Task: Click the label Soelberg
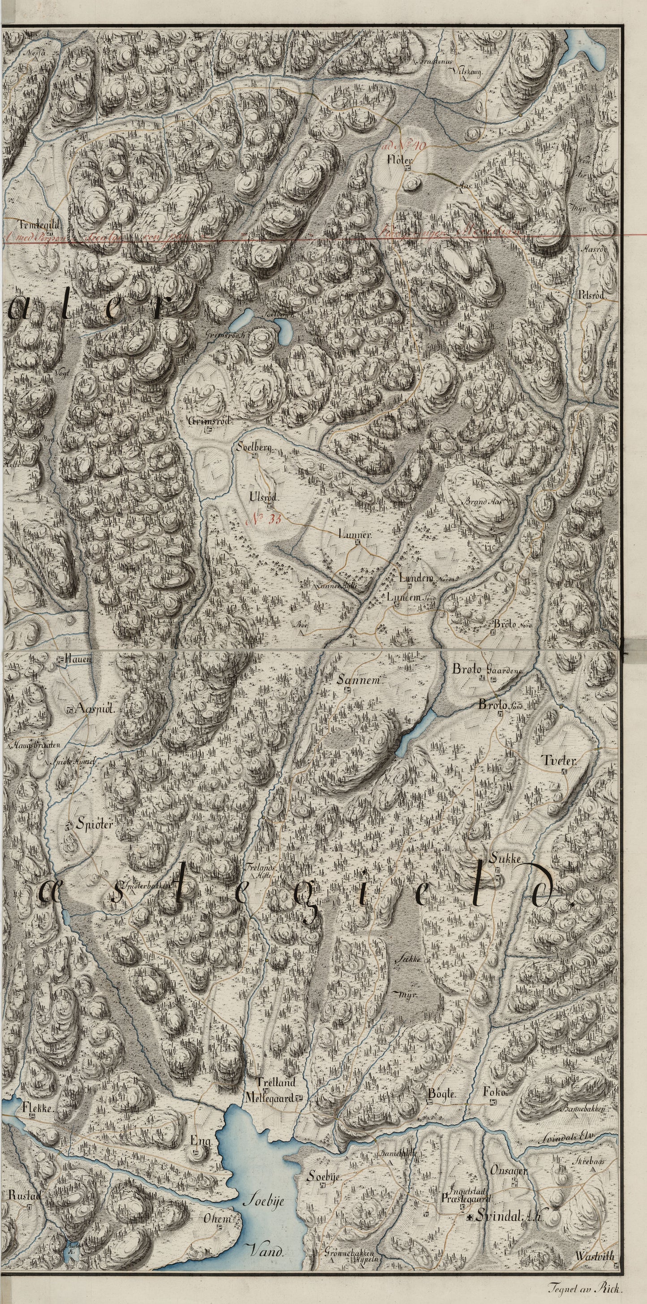pyautogui.click(x=255, y=448)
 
